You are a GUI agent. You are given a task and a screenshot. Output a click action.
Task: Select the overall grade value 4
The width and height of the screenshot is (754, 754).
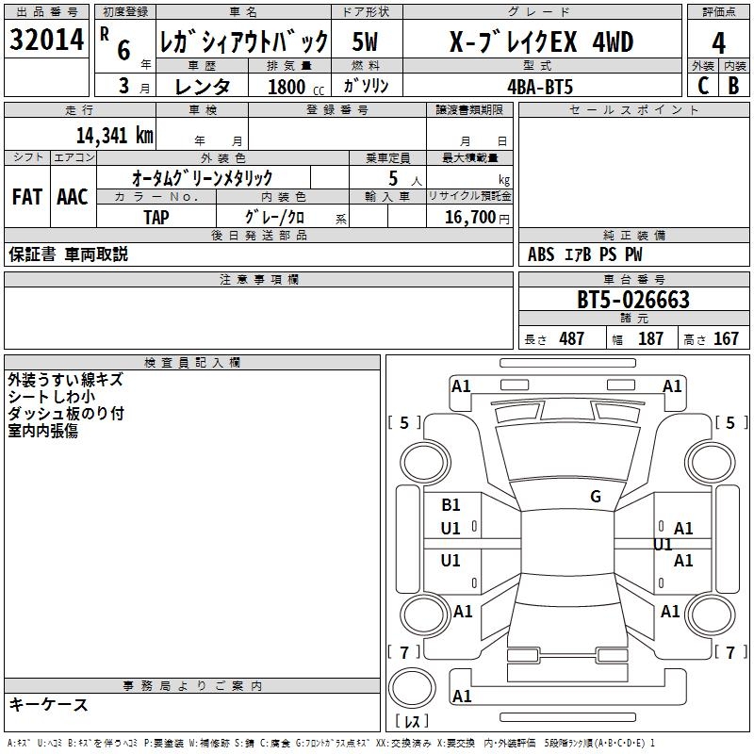pos(719,43)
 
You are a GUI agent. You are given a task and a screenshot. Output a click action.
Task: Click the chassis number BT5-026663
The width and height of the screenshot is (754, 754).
pos(633,301)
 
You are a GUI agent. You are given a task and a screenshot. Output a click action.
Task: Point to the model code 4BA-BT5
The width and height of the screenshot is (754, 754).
pos(539,86)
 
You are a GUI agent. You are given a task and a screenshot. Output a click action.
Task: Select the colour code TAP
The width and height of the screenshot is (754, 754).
pos(156,217)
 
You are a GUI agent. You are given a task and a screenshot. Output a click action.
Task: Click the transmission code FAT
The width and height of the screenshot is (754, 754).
pos(26,197)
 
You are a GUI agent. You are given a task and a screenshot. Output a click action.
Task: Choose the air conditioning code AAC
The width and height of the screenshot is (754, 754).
pos(72,197)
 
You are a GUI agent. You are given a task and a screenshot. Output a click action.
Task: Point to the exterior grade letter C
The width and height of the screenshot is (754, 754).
pos(702,85)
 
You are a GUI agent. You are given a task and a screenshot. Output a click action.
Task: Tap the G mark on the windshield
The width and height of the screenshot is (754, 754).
pos(595,497)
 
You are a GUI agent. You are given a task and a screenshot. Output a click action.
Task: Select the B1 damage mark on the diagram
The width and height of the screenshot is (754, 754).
pos(451,505)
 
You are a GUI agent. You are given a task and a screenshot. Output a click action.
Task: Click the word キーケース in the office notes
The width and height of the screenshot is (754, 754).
pos(48,705)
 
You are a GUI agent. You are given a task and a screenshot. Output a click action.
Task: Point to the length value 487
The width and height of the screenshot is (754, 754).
pos(571,339)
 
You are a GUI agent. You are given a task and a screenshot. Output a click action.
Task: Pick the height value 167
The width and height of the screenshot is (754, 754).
pos(726,339)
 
